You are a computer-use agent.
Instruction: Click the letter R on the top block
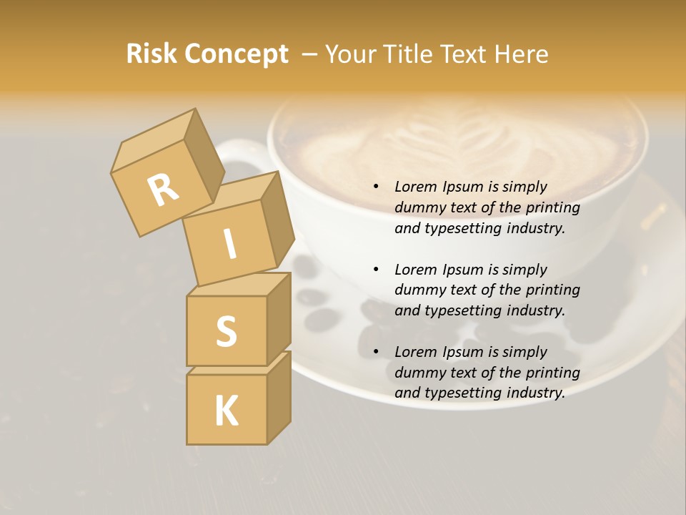[163, 189]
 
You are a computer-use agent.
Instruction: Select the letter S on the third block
[226, 331]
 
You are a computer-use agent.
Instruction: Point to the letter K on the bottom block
[226, 411]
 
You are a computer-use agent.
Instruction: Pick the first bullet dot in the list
[376, 187]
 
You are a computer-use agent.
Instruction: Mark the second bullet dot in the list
[376, 270]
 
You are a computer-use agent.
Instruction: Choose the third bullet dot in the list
[376, 352]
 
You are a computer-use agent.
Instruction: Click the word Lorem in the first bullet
[417, 187]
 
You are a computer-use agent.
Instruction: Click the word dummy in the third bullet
[417, 373]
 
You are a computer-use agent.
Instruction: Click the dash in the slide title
[311, 54]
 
